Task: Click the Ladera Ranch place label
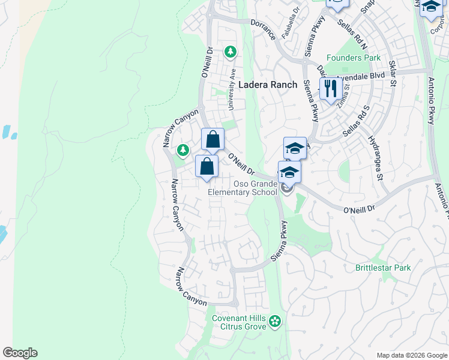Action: pyautogui.click(x=268, y=85)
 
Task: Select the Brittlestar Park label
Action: pyautogui.click(x=383, y=268)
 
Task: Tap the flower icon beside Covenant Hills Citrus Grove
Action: pyautogui.click(x=275, y=322)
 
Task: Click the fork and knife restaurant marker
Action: pyautogui.click(x=330, y=89)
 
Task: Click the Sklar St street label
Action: pyautogui.click(x=393, y=72)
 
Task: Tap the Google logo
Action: pyautogui.click(x=20, y=353)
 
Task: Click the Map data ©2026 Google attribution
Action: pyautogui.click(x=411, y=355)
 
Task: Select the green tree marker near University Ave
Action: pyautogui.click(x=230, y=53)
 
